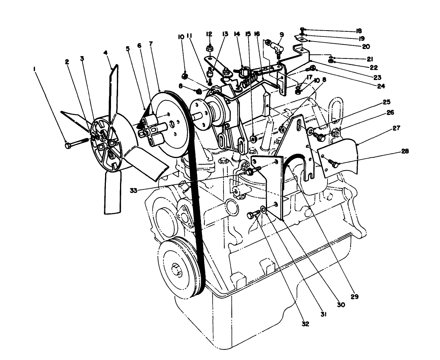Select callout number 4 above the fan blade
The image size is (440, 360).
click(105, 53)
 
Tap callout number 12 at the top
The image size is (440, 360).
click(209, 34)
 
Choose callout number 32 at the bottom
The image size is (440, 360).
click(305, 324)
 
